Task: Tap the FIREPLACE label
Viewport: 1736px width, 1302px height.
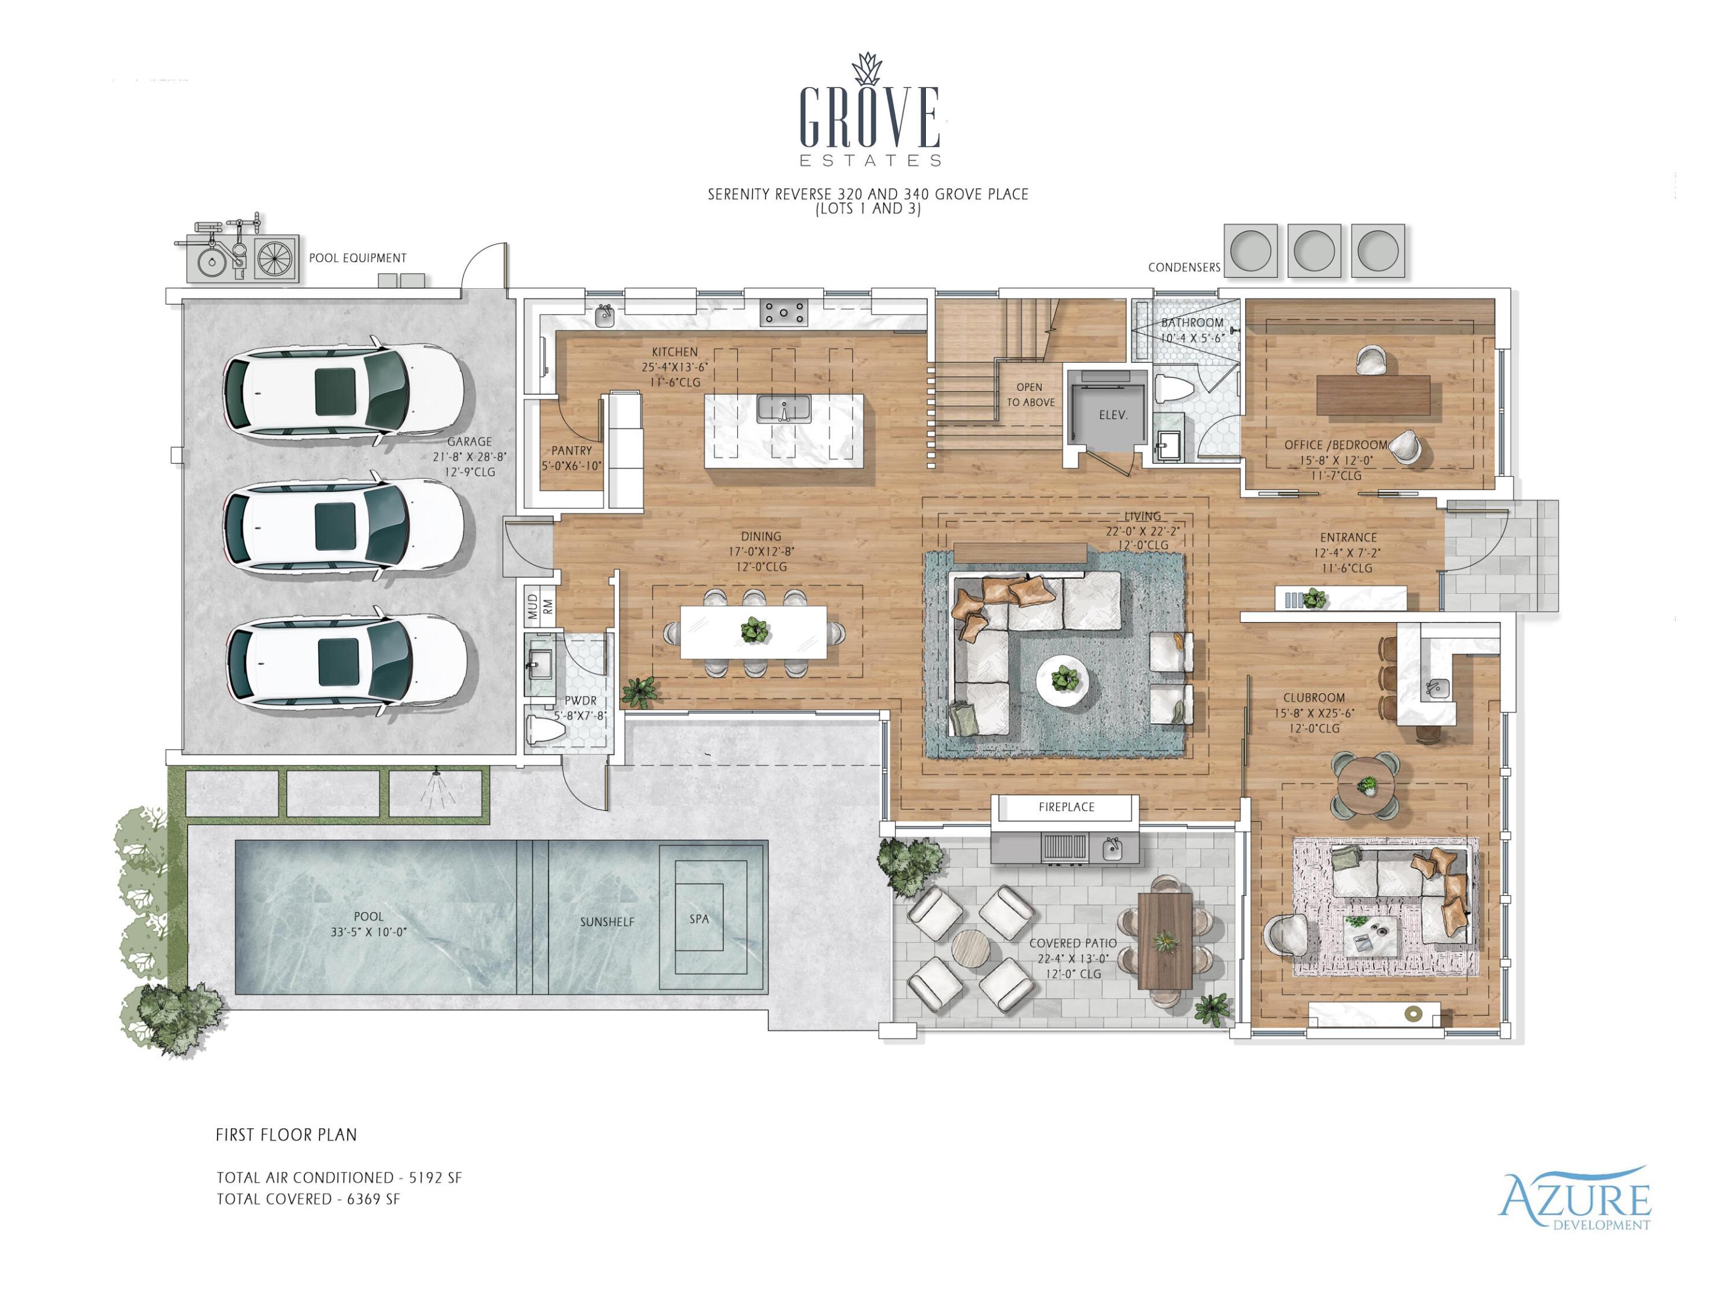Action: point(1066,807)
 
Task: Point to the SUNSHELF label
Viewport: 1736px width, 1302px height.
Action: point(606,922)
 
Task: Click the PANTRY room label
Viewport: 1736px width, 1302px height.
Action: point(571,450)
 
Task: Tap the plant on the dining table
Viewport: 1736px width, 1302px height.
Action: point(755,629)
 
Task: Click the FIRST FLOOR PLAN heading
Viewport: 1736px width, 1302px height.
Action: point(286,1135)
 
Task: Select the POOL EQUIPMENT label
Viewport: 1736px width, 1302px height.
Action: point(357,258)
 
